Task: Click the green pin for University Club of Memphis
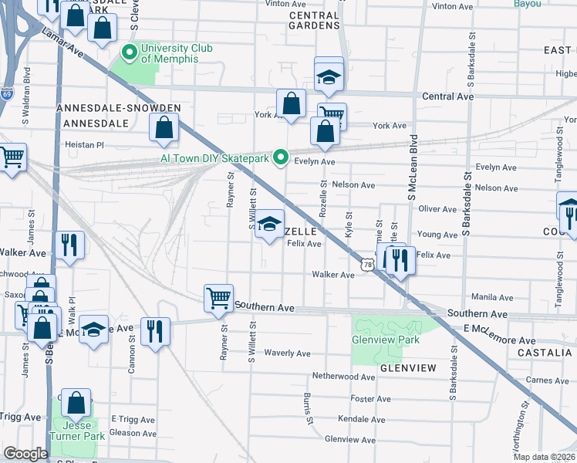pyautogui.click(x=130, y=53)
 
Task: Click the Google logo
pyautogui.click(x=25, y=453)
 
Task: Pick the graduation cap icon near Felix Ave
pyautogui.click(x=269, y=225)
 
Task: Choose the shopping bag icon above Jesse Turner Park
pyautogui.click(x=76, y=403)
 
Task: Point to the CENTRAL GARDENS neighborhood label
pyautogui.click(x=314, y=20)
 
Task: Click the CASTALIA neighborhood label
pyautogui.click(x=549, y=352)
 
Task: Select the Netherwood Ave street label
pyautogui.click(x=342, y=376)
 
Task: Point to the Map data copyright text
pyautogui.click(x=544, y=457)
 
